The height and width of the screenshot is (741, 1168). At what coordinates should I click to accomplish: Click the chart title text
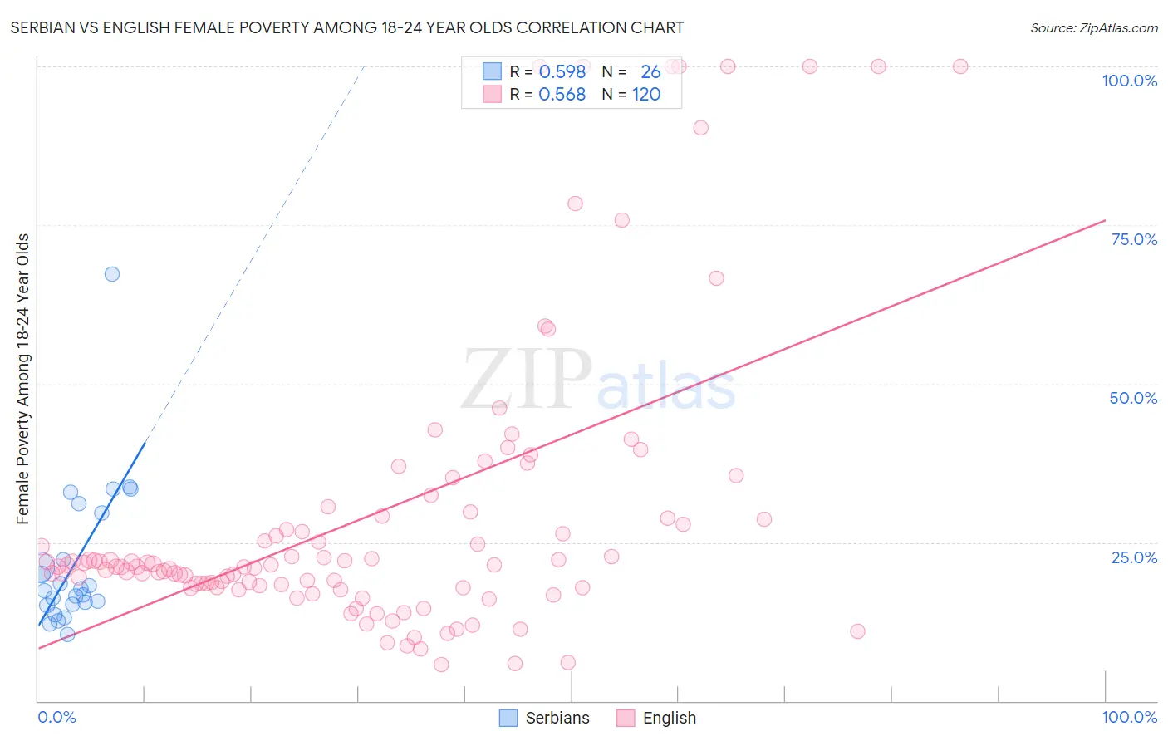pos(347,27)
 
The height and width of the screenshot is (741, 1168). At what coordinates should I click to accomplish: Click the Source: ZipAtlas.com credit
pos(1093,27)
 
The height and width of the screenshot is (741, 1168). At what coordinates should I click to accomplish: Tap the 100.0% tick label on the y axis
pos(1129,81)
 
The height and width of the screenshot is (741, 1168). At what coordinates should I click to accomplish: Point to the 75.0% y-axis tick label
pos(1134,239)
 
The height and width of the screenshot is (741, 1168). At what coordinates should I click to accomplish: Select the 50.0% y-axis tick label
pos(1133,398)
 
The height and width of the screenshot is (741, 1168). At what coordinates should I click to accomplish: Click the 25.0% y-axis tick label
pos(1134,557)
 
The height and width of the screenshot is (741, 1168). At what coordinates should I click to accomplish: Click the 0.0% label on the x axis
pos(56,717)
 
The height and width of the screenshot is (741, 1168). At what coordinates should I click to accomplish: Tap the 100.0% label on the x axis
pos(1129,717)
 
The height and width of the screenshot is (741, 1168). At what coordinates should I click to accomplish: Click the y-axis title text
pos(23,379)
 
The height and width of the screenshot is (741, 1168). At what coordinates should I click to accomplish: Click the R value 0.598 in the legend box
pos(562,72)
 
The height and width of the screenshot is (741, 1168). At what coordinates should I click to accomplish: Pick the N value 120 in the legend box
pos(646,95)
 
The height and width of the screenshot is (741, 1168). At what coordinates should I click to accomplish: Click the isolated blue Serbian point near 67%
pos(112,274)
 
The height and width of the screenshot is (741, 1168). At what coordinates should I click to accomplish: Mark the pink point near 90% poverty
pos(701,128)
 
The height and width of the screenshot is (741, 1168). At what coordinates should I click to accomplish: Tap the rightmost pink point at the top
pos(960,66)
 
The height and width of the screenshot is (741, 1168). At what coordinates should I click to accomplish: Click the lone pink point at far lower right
pos(858,631)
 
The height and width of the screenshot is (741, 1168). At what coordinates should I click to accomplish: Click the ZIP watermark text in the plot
pos(527,380)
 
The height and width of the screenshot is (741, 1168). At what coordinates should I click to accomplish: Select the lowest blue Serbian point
pos(67,635)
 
